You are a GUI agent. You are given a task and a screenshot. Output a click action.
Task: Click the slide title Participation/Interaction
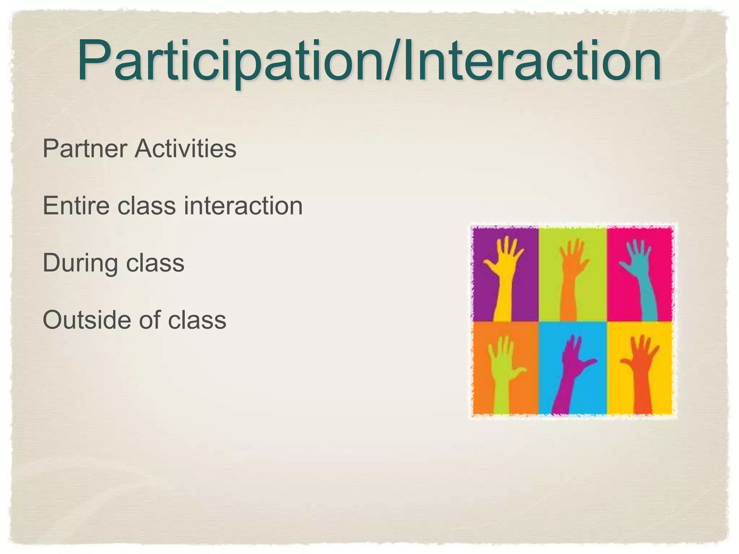(x=369, y=61)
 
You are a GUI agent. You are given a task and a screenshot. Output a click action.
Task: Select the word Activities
(x=185, y=148)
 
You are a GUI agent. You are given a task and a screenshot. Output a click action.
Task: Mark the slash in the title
(x=392, y=61)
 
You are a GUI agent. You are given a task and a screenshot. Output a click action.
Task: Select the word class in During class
(x=155, y=263)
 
